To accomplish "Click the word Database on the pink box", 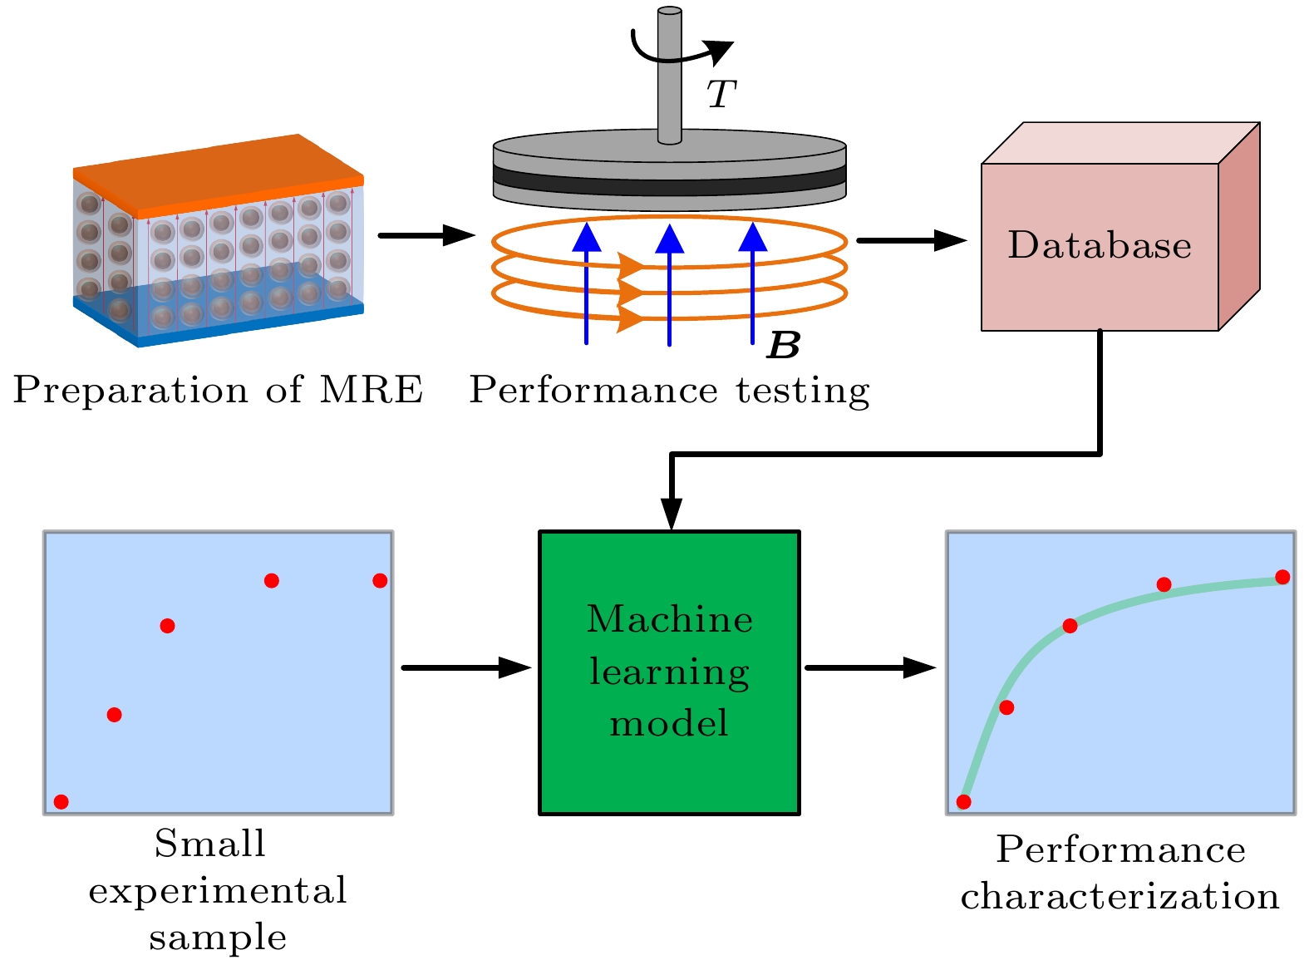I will point(1099,245).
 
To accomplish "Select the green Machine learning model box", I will point(669,672).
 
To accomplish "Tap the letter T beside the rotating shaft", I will point(721,94).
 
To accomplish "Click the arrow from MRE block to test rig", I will point(426,235).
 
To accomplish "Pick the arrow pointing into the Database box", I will point(911,240).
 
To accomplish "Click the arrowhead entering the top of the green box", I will point(671,513).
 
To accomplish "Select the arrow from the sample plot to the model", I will point(465,667).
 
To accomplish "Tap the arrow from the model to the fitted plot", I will point(870,667).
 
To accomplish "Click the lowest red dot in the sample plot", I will point(61,801).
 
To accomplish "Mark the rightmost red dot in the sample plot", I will point(380,580).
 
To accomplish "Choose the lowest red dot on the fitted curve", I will point(963,801).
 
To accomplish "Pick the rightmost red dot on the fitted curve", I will point(1282,577).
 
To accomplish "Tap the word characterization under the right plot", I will point(1120,897).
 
